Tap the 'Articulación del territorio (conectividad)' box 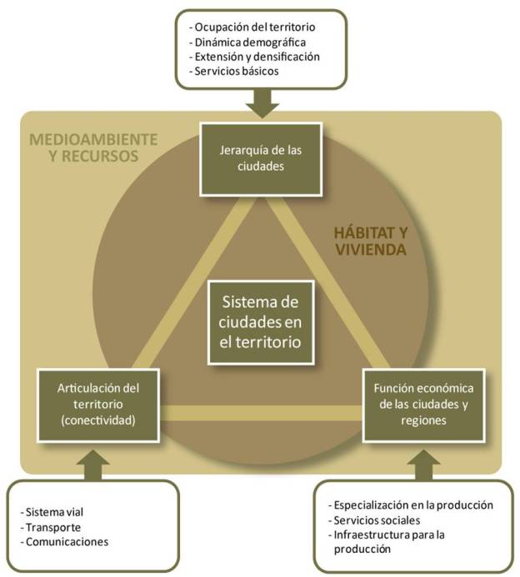(x=98, y=404)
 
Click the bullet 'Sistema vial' (x=56, y=510)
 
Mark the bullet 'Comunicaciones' (x=67, y=541)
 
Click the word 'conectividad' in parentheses (x=101, y=420)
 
